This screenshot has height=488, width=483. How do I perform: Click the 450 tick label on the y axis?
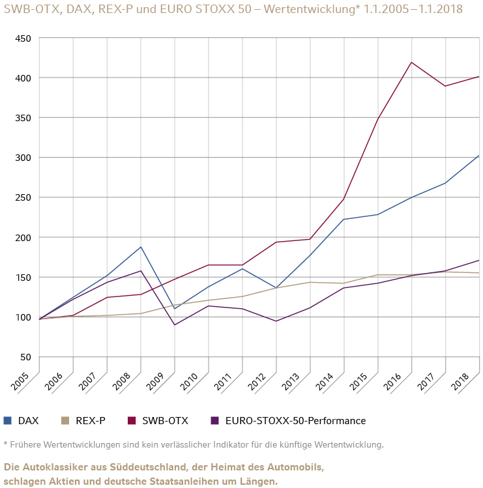[23, 38]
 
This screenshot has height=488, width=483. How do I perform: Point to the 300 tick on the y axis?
[23, 158]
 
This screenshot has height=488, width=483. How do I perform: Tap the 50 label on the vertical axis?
[25, 357]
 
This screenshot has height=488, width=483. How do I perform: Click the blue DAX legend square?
[8, 420]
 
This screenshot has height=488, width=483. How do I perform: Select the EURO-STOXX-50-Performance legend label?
[295, 421]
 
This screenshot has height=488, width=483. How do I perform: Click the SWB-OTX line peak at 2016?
[411, 62]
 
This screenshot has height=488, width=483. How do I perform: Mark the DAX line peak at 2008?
[141, 247]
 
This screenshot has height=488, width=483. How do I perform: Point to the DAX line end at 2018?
[478, 156]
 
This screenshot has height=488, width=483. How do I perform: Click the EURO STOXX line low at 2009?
[174, 324]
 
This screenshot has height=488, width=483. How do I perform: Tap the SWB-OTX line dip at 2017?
[445, 86]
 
